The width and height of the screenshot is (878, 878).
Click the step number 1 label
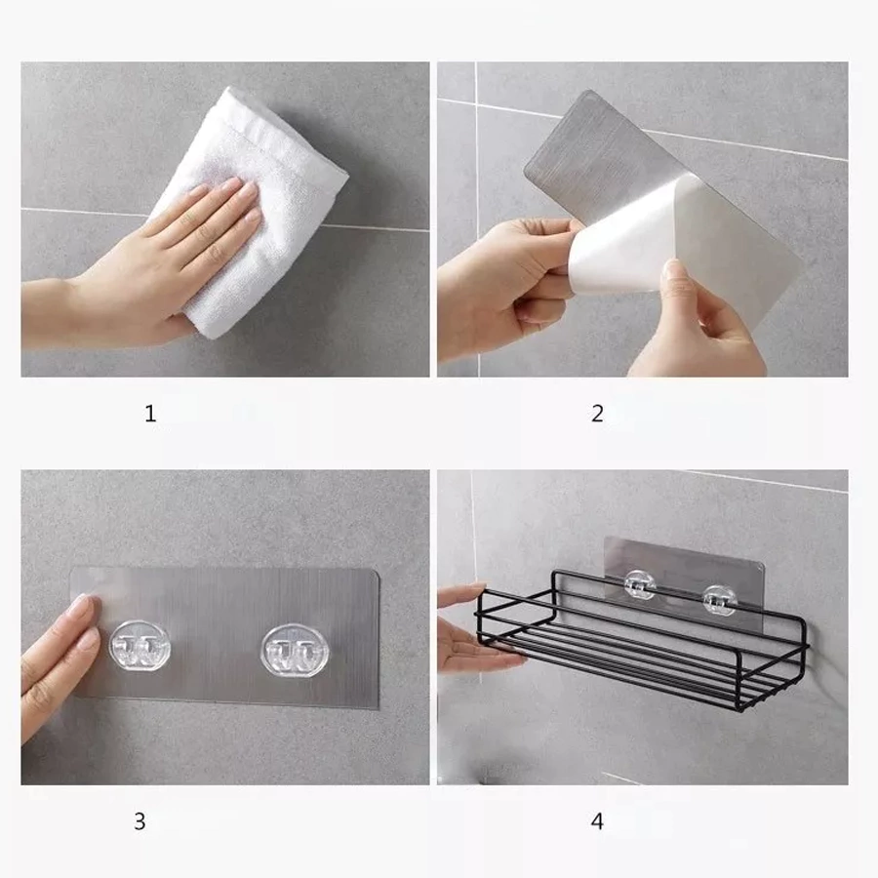coord(150,414)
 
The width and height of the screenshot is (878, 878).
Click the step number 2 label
coord(597,414)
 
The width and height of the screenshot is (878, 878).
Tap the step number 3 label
coord(140,821)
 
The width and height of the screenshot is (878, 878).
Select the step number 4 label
coord(597,821)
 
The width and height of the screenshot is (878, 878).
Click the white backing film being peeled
coord(621,235)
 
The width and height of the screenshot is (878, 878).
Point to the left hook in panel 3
coord(140,646)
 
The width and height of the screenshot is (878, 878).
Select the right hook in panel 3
coord(293,651)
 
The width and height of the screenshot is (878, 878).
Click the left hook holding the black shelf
coord(640,585)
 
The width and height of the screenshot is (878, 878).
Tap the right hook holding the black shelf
coord(718,600)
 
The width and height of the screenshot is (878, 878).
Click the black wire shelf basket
coord(644,644)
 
